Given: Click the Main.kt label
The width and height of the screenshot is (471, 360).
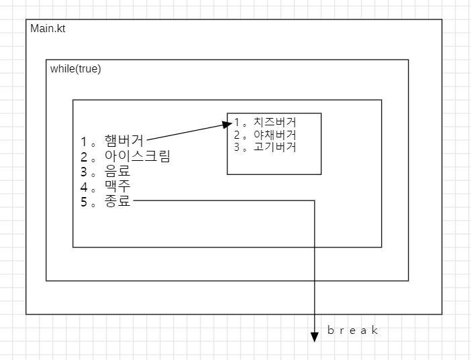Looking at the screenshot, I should (48, 29).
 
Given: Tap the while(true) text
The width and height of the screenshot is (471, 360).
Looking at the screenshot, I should (75, 69).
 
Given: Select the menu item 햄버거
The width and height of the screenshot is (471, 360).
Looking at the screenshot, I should (124, 141).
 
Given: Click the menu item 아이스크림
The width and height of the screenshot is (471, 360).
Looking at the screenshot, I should (137, 157).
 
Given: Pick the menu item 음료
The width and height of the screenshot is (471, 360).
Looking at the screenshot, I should (117, 172).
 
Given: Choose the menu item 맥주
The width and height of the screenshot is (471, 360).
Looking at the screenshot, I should (117, 187).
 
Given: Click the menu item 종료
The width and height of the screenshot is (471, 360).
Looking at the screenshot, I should (117, 202).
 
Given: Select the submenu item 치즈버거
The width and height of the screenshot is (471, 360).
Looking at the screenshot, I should (274, 123).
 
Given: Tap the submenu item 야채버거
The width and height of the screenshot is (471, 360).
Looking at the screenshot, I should (274, 135).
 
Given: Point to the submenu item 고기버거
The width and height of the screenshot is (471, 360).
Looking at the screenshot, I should (274, 147).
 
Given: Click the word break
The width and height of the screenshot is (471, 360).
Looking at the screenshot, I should (353, 331).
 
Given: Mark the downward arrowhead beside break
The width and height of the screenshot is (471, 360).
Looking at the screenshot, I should (315, 337).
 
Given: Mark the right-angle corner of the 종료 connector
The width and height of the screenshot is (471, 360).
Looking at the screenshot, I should (315, 200).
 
